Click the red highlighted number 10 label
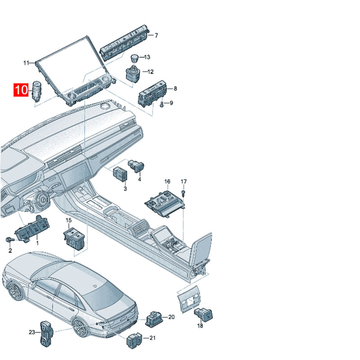[x=21, y=90]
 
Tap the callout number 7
[x=156, y=36]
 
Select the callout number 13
[x=147, y=57]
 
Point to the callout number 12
[x=150, y=72]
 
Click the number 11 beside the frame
[x=27, y=63]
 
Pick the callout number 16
[x=167, y=182]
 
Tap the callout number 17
[x=184, y=182]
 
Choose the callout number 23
[x=32, y=332]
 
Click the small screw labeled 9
[x=162, y=105]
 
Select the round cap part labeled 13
[x=134, y=58]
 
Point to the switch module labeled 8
[x=152, y=93]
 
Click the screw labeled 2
[x=9, y=239]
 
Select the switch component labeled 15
[x=74, y=238]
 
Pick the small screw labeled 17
[x=183, y=193]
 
